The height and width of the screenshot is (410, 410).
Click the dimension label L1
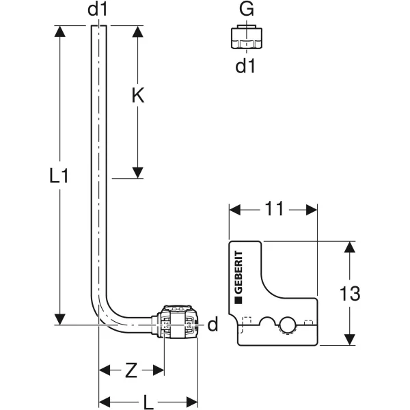[x=59, y=176]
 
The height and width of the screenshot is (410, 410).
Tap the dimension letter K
[x=138, y=95]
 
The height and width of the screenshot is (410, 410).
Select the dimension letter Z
[x=131, y=370]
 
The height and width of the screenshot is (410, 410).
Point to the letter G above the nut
[x=246, y=9]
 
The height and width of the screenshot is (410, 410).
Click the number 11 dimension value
[x=274, y=208]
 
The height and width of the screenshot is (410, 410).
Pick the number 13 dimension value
[x=350, y=293]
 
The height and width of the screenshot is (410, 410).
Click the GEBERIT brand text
[x=238, y=272]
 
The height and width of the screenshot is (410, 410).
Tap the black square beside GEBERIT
[x=238, y=301]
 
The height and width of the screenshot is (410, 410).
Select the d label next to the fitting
[x=213, y=324]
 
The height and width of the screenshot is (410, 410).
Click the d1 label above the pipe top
[x=98, y=10]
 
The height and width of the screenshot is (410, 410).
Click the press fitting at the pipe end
[x=177, y=322]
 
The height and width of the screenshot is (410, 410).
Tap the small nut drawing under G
[x=247, y=37]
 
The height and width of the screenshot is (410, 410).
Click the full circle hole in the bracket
[x=288, y=325]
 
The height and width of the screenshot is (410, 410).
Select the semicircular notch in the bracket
[x=269, y=322]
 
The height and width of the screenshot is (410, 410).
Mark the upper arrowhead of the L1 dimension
[x=60, y=31]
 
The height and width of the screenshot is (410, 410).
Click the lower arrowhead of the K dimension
[x=138, y=173]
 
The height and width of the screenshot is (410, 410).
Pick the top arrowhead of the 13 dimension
[x=350, y=247]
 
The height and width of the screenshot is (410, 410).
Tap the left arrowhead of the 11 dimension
[x=234, y=210]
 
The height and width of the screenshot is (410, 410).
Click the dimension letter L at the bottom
[x=148, y=402]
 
